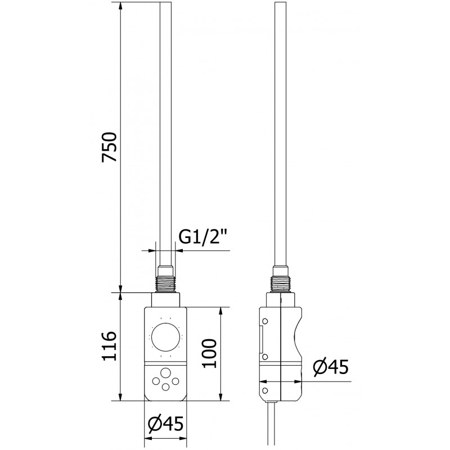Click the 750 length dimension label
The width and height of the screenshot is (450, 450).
click(x=109, y=148)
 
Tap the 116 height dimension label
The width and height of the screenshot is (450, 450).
click(x=109, y=346)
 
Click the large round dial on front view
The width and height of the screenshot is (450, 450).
click(x=166, y=337)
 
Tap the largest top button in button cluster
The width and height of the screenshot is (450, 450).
click(x=166, y=373)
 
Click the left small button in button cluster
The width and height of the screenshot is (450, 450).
click(x=156, y=381)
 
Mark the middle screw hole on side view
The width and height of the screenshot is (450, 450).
click(x=264, y=357)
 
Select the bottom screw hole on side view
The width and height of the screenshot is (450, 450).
click(x=264, y=389)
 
